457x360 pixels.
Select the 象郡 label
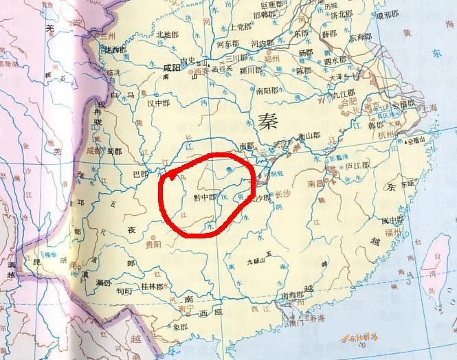(x=180, y=327)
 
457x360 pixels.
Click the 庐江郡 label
(x=357, y=166)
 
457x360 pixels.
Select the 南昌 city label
(x=317, y=184)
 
